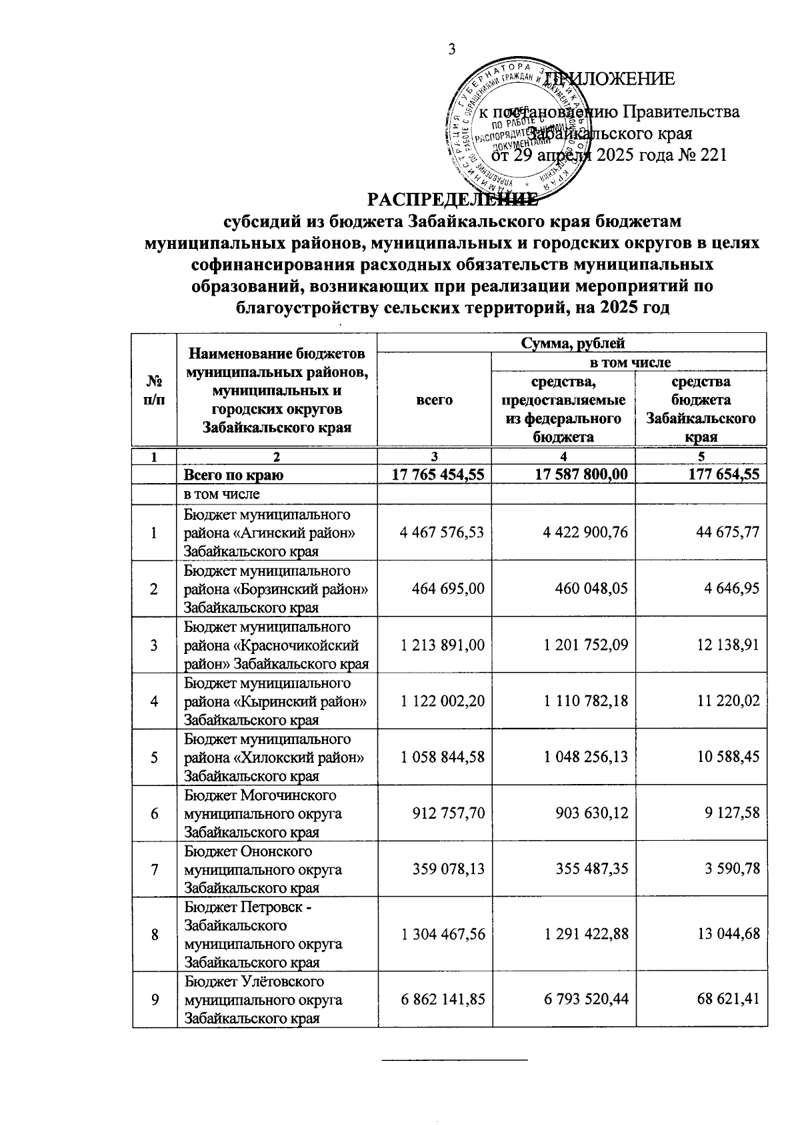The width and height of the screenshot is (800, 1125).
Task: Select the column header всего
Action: click(434, 399)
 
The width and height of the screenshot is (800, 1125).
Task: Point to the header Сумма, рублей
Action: click(571, 344)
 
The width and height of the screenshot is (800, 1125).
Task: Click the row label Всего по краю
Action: click(233, 475)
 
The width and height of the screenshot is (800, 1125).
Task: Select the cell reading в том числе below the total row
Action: click(221, 494)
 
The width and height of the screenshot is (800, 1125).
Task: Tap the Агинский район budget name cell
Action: click(276, 532)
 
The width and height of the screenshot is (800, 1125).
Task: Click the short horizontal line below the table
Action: click(454, 1060)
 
